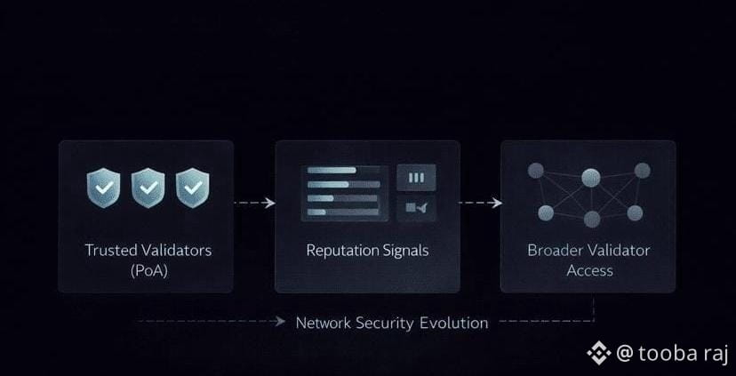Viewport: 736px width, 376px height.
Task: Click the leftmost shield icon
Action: (102, 188)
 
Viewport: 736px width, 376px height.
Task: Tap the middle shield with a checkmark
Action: (148, 188)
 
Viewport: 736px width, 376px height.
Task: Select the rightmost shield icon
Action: (192, 188)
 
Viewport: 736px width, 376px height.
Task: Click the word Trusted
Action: (112, 251)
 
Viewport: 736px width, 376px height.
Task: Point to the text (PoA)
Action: (148, 270)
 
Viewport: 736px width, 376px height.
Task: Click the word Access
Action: (590, 270)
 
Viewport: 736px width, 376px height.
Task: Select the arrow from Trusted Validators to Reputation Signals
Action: (254, 203)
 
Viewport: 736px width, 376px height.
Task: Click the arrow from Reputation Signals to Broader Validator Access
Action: (480, 203)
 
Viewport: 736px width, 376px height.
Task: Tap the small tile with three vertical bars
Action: (416, 178)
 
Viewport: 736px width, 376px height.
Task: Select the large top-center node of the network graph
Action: (591, 177)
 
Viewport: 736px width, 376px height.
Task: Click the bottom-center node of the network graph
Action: (592, 219)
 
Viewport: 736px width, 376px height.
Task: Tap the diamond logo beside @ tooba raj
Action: (599, 353)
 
